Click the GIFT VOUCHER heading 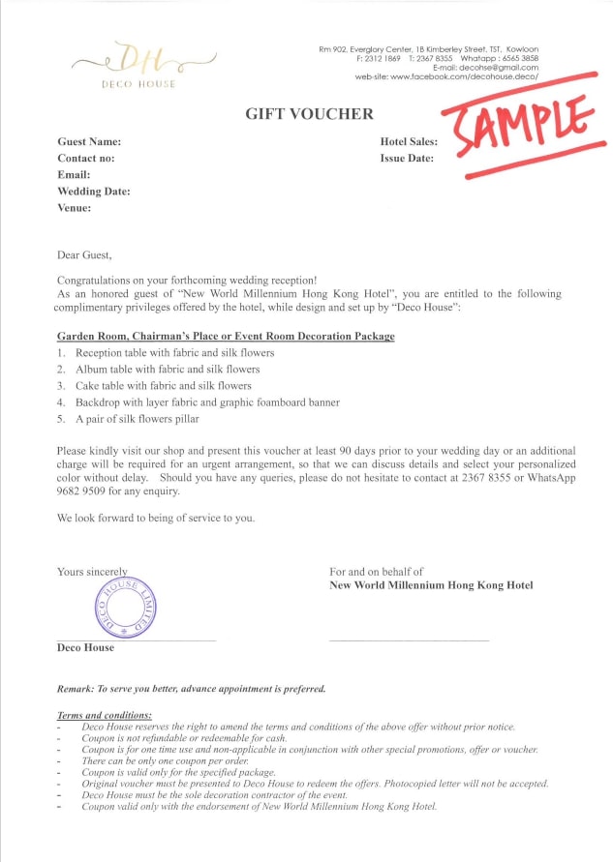click(309, 114)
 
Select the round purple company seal click(126, 609)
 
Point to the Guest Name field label click(89, 142)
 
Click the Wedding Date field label click(94, 192)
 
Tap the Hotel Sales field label click(410, 142)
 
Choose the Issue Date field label click(407, 159)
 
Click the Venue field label click(75, 208)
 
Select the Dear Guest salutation click(84, 256)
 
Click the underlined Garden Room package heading click(226, 337)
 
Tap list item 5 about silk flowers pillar click(160, 419)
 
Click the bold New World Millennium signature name click(431, 585)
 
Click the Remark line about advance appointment click(192, 689)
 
